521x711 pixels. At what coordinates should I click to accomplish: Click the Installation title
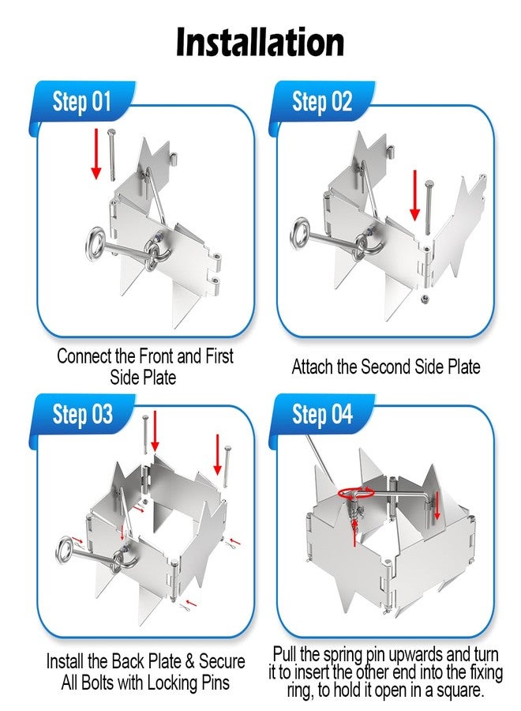click(260, 42)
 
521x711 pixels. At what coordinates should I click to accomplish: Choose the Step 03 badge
click(81, 414)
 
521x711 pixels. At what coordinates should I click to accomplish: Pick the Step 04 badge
click(321, 414)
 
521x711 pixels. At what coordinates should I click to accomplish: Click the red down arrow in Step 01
click(96, 153)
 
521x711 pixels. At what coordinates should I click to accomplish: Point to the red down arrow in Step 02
click(415, 195)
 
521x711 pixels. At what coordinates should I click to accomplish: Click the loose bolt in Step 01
click(111, 155)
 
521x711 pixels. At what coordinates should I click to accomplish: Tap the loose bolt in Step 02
click(429, 207)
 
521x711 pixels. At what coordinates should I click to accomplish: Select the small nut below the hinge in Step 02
click(425, 299)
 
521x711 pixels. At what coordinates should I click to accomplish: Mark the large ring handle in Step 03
click(66, 550)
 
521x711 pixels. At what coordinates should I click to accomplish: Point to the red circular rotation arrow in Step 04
click(356, 493)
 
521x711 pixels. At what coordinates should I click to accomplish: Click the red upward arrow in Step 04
click(354, 532)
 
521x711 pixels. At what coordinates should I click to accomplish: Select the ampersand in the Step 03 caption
click(190, 661)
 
